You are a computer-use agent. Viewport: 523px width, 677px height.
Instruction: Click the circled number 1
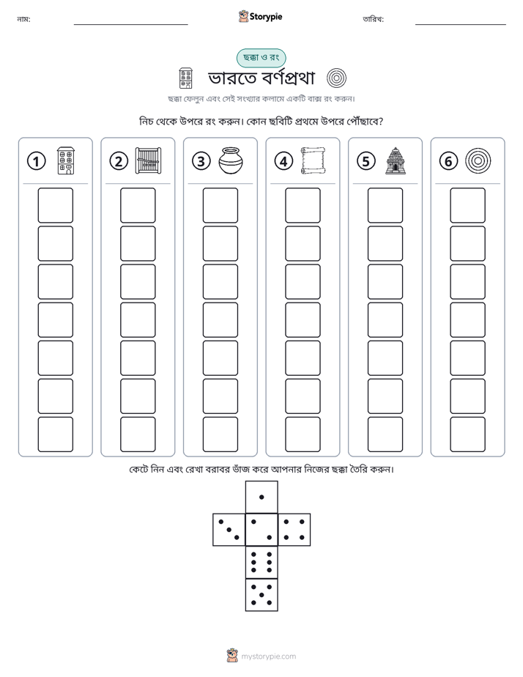[x=36, y=161]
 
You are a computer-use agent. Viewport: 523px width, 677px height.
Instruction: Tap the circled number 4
[x=283, y=161]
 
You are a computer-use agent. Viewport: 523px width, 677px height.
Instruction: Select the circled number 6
[x=448, y=161]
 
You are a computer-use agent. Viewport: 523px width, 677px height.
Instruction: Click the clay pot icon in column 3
[x=231, y=160]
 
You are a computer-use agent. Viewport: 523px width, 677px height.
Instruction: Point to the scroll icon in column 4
[x=314, y=160]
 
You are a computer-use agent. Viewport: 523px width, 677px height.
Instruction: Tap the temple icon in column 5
[x=396, y=160]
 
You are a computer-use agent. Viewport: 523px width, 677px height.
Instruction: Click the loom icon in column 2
[x=149, y=160]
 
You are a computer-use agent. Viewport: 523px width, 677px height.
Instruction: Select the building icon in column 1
[x=66, y=160]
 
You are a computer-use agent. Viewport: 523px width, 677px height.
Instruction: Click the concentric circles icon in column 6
[x=478, y=160]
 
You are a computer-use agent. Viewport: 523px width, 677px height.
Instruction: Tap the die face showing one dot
[x=261, y=497]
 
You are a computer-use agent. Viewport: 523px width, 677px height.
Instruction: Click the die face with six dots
[x=261, y=562]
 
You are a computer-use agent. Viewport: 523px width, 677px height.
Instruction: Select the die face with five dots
[x=261, y=595]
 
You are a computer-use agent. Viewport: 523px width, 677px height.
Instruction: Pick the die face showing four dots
[x=294, y=530]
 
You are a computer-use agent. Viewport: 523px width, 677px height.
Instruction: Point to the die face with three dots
[x=229, y=530]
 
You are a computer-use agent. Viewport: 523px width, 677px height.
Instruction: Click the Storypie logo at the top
[x=261, y=16]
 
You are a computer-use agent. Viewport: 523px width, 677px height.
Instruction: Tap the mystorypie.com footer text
[x=268, y=656]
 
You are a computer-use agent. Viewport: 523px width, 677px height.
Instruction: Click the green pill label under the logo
[x=261, y=57]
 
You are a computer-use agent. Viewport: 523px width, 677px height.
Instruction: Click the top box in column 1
[x=55, y=205]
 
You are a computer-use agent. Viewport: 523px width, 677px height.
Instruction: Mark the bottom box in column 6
[x=468, y=434]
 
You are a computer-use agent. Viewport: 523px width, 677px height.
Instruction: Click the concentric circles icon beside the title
[x=337, y=78]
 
